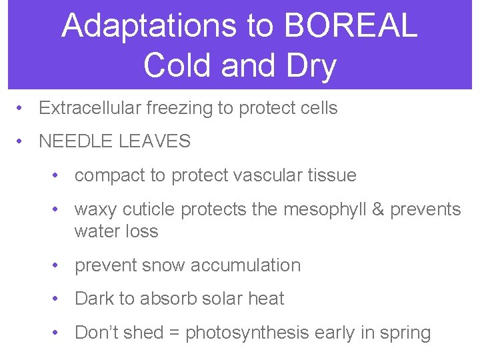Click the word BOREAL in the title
point(351,26)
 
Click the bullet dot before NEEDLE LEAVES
point(22,141)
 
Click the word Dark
point(94,299)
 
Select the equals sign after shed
point(175,333)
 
